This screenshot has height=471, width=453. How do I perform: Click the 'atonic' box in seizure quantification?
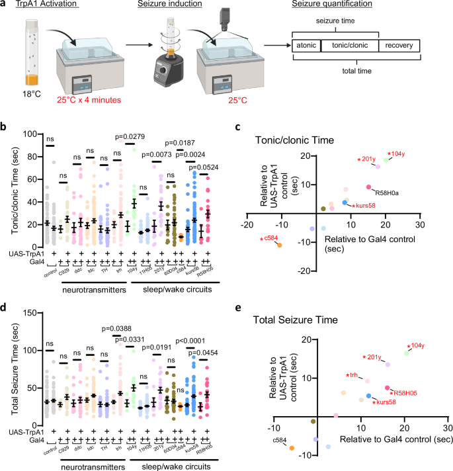coord(306,46)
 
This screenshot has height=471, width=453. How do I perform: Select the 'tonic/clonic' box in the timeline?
coord(349,46)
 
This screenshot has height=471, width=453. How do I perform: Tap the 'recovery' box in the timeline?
coord(399,46)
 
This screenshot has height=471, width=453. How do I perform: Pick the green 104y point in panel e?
coord(407,353)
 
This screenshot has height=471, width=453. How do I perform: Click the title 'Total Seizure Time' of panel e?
coord(299,320)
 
